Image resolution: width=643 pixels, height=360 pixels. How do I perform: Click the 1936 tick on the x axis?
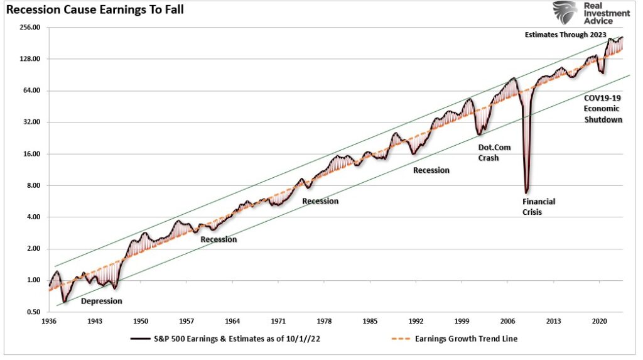coord(49,321)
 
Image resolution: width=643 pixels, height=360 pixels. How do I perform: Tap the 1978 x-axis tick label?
coord(324,321)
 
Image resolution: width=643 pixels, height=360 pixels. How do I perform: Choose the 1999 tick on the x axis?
coord(462,321)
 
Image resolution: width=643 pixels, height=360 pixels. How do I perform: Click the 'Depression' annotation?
coord(102,301)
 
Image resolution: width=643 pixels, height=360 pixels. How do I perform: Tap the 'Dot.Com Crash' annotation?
coord(489,153)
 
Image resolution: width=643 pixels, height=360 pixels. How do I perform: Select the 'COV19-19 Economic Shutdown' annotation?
coord(603,109)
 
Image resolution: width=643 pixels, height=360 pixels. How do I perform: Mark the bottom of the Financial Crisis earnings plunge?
coord(527,192)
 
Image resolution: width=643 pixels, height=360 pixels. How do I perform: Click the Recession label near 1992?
coord(431,170)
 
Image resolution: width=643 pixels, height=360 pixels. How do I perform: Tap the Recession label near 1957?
coord(219,239)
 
